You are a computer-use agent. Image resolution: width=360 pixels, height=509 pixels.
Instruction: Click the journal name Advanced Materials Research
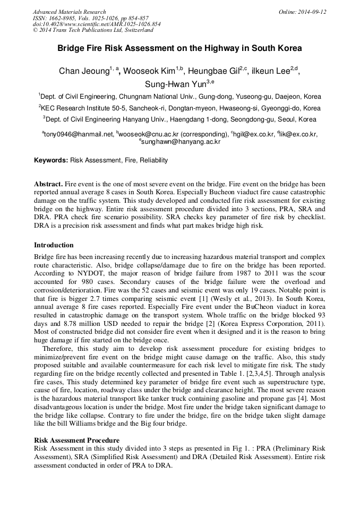[x=69, y=12]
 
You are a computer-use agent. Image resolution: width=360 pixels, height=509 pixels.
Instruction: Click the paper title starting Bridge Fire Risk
[x=179, y=48]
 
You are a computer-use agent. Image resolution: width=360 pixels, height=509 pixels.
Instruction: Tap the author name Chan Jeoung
[x=84, y=72]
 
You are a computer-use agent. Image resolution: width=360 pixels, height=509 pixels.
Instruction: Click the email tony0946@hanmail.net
[x=79, y=134]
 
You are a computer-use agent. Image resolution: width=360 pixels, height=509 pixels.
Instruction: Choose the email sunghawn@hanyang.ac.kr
[x=181, y=142]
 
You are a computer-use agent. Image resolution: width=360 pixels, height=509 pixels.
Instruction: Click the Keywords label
[x=51, y=160]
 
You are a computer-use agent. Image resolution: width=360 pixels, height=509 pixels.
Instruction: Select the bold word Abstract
[x=48, y=184]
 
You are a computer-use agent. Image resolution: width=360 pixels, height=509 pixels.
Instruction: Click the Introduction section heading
[x=54, y=245]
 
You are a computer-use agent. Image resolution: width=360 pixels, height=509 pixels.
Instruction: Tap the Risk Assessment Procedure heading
[x=76, y=440]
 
